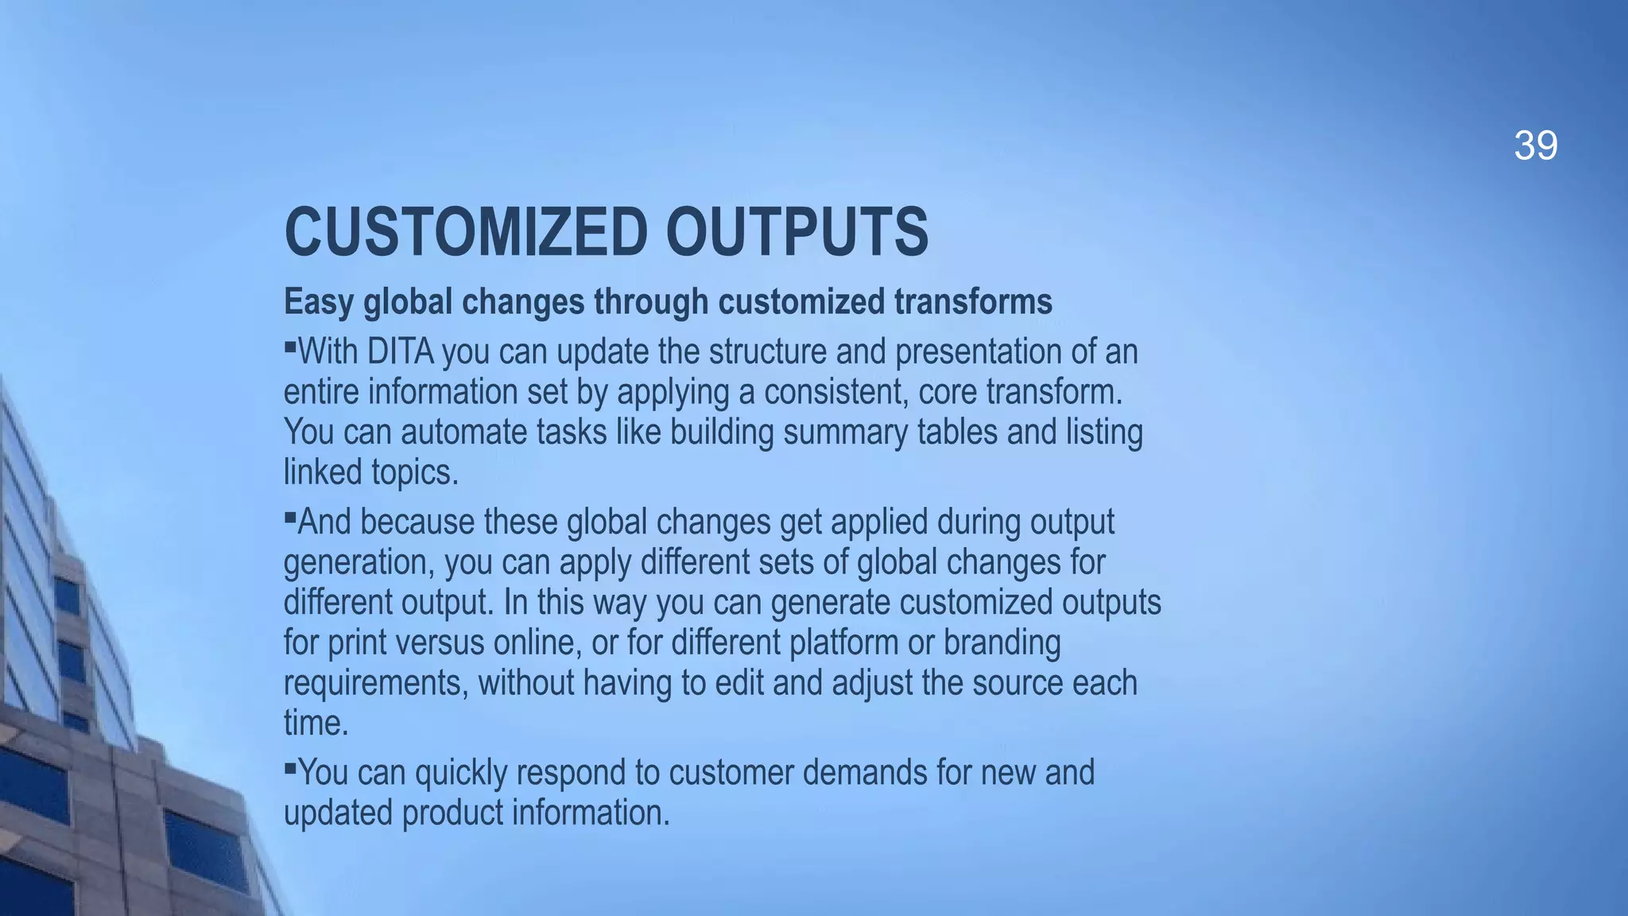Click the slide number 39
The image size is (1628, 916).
coord(1535,146)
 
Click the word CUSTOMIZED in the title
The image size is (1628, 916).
coord(466,231)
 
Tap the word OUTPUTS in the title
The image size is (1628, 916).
coord(797,231)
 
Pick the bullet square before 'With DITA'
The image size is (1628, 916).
coord(290,346)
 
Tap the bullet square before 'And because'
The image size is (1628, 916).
coord(290,516)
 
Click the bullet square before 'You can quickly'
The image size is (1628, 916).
coord(290,767)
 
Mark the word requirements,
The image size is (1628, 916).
coord(376,683)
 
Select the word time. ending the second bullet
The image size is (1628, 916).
coord(316,724)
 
